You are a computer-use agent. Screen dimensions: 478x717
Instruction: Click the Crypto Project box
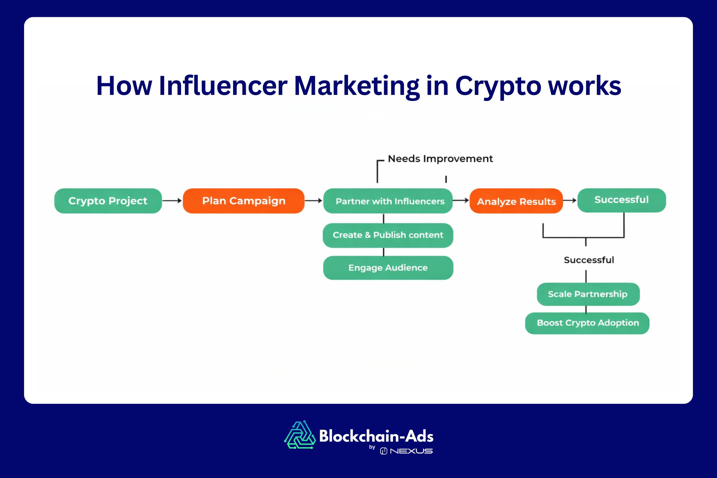108,201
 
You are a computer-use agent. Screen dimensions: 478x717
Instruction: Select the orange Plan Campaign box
243,201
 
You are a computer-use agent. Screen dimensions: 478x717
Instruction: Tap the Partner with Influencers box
388,201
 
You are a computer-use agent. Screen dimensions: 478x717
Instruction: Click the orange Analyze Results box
516,201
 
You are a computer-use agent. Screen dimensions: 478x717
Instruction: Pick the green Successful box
621,200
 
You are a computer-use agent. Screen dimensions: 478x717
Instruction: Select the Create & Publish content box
388,235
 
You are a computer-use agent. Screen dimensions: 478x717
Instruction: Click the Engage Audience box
388,268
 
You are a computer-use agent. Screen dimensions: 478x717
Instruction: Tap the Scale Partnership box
588,294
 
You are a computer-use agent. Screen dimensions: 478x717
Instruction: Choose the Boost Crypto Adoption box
587,323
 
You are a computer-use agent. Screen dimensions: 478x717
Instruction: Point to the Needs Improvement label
440,159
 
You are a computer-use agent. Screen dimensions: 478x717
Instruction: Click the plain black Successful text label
589,260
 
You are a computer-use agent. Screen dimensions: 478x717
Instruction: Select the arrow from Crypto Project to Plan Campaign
172,201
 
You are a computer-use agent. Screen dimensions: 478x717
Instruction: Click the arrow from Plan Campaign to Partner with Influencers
313,201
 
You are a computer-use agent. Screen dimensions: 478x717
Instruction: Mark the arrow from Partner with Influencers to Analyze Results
461,200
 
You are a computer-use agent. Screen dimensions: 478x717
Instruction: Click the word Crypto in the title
498,86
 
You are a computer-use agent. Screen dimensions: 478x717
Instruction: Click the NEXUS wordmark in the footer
411,451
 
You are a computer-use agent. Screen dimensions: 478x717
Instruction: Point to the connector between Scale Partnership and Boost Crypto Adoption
586,309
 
